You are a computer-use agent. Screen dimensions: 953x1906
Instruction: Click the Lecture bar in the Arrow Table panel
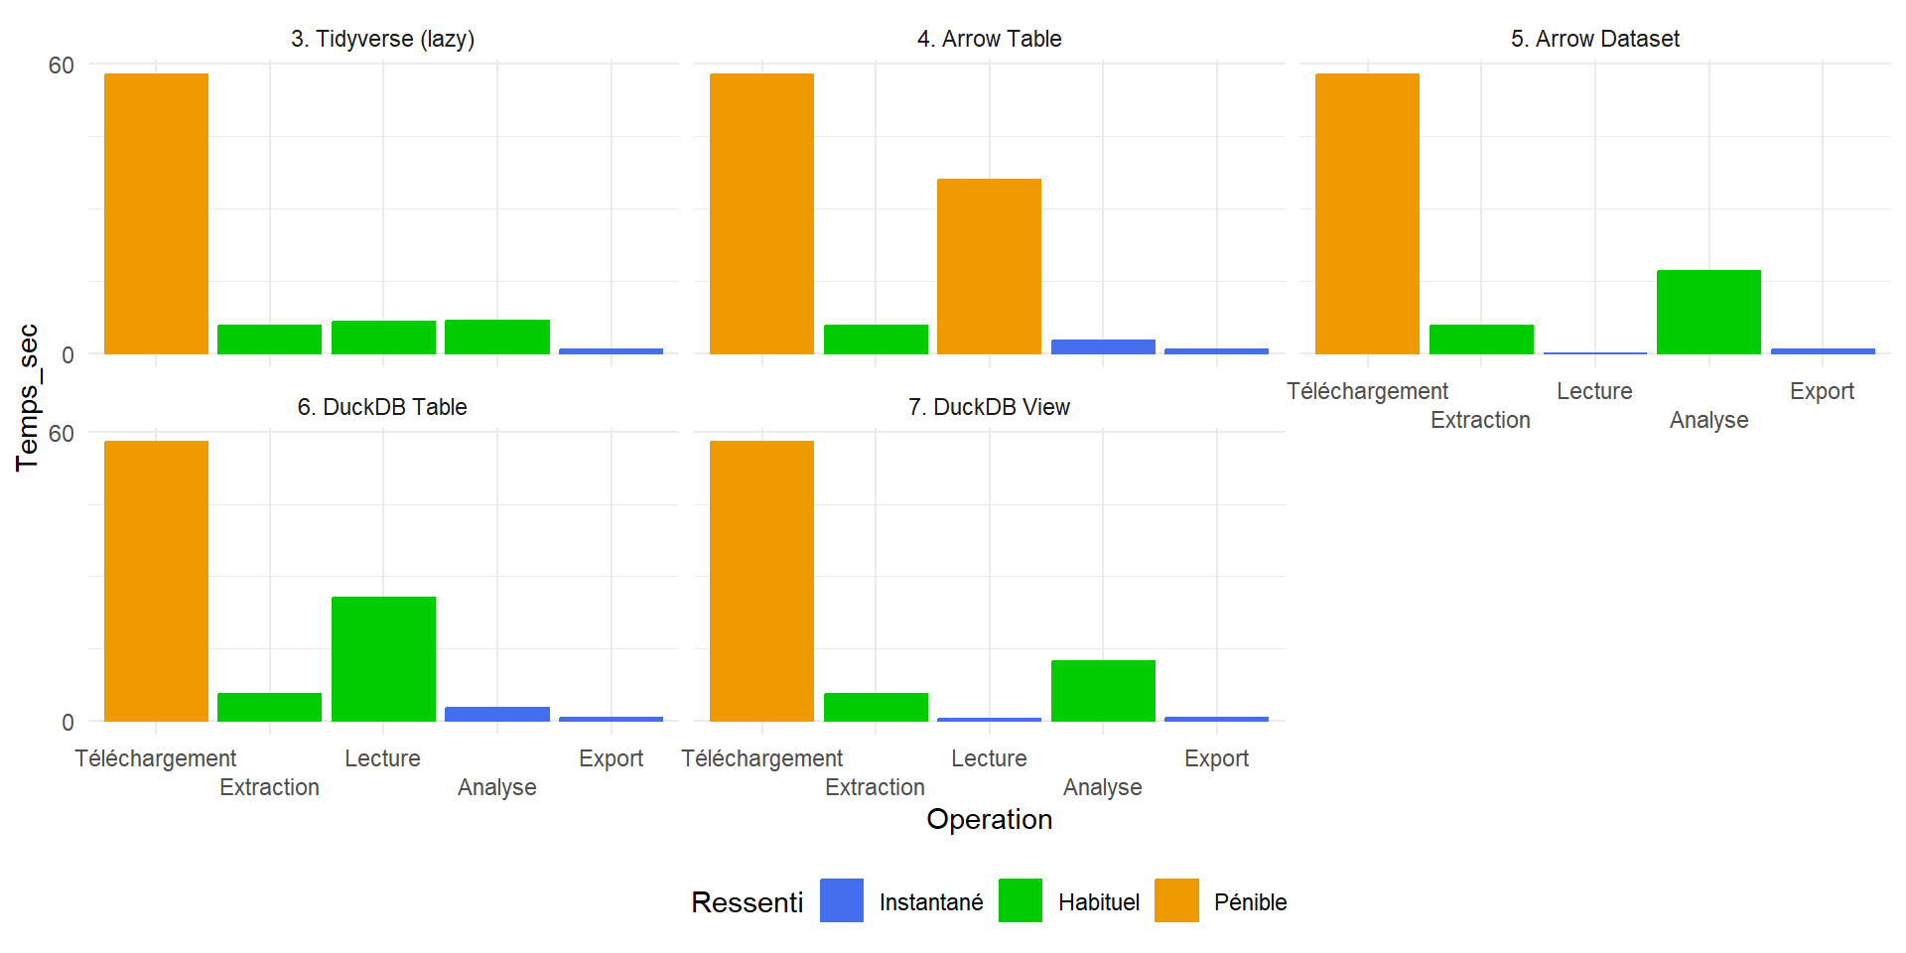(989, 266)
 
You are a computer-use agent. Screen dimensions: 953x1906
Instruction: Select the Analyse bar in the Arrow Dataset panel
(1708, 312)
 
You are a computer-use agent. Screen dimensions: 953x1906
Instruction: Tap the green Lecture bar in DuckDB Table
(383, 658)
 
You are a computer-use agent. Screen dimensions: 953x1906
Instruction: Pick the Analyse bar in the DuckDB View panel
(1103, 690)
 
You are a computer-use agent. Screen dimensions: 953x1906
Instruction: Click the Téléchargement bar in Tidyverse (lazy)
(156, 213)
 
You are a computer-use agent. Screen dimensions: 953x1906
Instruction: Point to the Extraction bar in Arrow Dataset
(1481, 340)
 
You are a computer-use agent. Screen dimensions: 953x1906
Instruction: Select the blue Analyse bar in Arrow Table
(1103, 346)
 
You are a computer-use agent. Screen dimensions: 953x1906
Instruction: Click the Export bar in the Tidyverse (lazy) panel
(611, 350)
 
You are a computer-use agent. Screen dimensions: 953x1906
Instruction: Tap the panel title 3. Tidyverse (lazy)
(382, 39)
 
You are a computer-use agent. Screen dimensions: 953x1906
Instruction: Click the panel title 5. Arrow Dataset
(1594, 39)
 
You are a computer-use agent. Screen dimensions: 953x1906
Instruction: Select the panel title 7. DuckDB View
(989, 407)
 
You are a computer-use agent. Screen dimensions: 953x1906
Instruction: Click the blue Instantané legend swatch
(841, 900)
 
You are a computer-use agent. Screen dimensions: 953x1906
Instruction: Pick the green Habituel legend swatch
(1020, 900)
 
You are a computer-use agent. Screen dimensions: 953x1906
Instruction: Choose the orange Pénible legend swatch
(1176, 900)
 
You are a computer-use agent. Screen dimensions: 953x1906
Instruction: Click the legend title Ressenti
(747, 902)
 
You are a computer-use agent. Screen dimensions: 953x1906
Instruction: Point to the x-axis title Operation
(989, 819)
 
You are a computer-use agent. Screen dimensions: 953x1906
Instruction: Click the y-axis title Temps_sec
(28, 397)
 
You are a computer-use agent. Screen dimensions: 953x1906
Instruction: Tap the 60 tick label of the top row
(62, 66)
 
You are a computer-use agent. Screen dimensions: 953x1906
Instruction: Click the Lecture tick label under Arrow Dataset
(1594, 391)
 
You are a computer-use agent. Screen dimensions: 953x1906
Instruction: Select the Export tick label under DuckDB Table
(611, 758)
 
